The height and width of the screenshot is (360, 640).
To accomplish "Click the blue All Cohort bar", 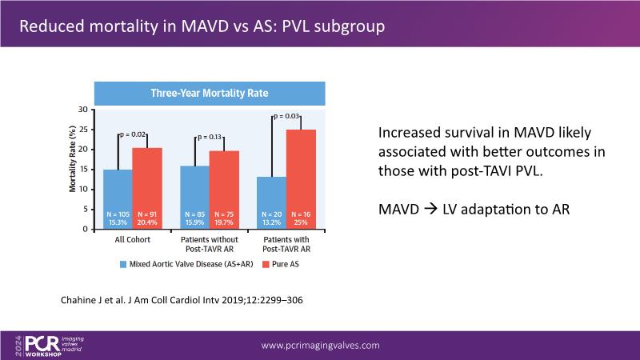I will pos(118,199).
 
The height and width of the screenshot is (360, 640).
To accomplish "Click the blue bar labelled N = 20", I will pos(272,203).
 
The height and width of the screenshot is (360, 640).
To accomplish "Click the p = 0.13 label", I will pos(211,137).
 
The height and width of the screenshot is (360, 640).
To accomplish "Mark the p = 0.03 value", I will pos(288,117).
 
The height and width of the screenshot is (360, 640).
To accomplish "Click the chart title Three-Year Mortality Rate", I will pos(210,94).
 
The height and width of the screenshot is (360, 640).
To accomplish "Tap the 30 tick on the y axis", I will pos(83,110).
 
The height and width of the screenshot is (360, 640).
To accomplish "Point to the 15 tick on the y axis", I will pos(83,170).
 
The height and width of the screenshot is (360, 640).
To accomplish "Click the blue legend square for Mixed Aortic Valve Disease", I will pos(122,262).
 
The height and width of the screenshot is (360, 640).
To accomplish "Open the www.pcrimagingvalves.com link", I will pos(321,345).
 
